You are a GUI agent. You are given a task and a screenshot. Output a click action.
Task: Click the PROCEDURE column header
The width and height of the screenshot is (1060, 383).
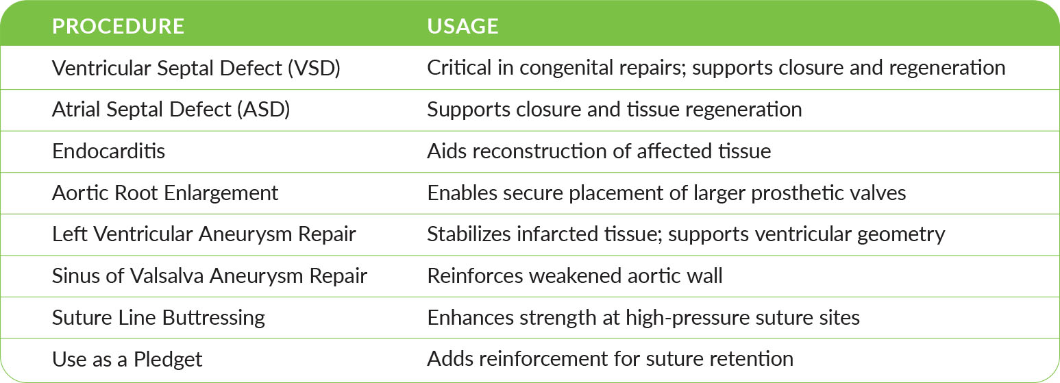pyautogui.click(x=118, y=27)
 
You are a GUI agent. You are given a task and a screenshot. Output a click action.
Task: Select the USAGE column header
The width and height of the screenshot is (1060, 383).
pyautogui.click(x=463, y=27)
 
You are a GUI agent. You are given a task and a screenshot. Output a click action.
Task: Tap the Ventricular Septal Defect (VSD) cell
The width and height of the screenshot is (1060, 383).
pyautogui.click(x=196, y=69)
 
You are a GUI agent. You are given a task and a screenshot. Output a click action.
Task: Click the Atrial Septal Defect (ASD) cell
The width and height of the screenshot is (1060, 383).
pyautogui.click(x=171, y=110)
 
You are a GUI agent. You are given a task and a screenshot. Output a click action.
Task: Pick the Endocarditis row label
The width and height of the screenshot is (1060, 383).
pyautogui.click(x=108, y=151)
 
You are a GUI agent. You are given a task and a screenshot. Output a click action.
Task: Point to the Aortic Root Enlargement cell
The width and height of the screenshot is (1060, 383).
pyautogui.click(x=164, y=193)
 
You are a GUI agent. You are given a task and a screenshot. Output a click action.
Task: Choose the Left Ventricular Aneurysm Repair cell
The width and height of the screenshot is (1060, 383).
pyautogui.click(x=204, y=234)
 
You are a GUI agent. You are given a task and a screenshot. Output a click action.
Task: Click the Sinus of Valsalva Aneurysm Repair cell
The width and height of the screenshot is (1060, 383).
pyautogui.click(x=210, y=275)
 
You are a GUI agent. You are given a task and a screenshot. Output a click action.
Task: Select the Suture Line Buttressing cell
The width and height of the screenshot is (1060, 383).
pyautogui.click(x=158, y=318)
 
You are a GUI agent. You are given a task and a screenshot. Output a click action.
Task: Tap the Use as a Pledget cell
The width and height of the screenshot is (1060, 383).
pyautogui.click(x=127, y=359)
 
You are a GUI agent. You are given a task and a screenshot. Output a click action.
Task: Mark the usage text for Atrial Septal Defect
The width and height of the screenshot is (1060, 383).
pyautogui.click(x=614, y=110)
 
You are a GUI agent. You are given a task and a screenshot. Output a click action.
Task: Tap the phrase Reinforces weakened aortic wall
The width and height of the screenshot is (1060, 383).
pyautogui.click(x=574, y=275)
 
